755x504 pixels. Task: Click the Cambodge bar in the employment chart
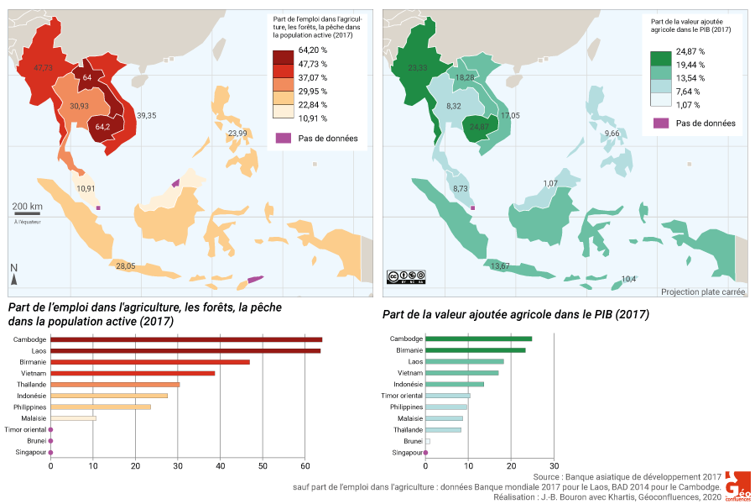tap(186, 339)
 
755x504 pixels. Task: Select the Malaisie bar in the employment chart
tap(73, 417)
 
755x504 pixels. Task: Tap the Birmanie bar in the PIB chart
tap(475, 350)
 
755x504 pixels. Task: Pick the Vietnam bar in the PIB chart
tap(461, 372)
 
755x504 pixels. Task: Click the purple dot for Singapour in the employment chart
tap(50, 452)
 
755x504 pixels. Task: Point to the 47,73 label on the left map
tap(44, 67)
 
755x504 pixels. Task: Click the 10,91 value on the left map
tap(86, 188)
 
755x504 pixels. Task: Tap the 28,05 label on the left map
tap(126, 265)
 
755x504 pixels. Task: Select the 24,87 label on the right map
tap(479, 127)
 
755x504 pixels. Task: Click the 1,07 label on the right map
tap(550, 183)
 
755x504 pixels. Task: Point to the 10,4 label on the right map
tap(628, 279)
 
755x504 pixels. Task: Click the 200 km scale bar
tap(27, 214)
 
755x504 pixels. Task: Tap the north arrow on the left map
tap(14, 274)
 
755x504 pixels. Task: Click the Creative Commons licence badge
tap(406, 276)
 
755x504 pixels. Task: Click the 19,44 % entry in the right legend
tap(690, 65)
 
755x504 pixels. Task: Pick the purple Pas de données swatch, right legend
tap(661, 123)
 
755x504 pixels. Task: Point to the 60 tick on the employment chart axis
tap(305, 465)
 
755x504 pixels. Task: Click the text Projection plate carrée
tap(703, 291)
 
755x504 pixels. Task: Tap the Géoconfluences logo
tap(737, 486)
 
